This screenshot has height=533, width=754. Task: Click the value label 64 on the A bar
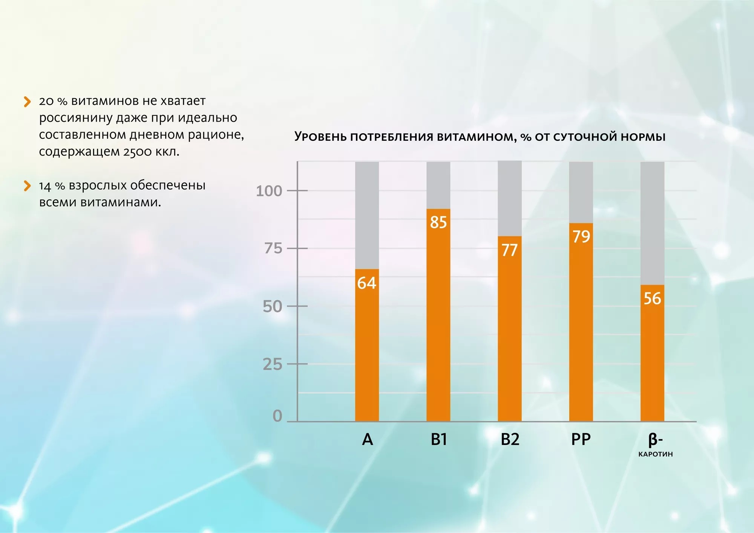[x=366, y=283]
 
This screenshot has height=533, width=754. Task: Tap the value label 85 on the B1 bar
[x=438, y=222]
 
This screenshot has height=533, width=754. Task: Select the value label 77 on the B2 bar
[x=509, y=250]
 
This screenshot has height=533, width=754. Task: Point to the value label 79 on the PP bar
[x=581, y=236]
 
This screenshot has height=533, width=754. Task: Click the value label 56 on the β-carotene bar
[x=652, y=298]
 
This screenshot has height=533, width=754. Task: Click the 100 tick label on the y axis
[x=269, y=191]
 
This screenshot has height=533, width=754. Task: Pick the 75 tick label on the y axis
[x=273, y=248]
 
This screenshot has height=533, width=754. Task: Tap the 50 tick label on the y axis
[x=272, y=307]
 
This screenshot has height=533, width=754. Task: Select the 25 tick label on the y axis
[x=272, y=364]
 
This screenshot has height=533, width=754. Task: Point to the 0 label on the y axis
[x=277, y=416]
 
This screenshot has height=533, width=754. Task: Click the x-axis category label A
[x=367, y=439]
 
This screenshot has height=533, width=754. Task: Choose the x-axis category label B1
[x=438, y=439]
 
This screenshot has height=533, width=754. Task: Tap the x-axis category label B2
[x=510, y=439]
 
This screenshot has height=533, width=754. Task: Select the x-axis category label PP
[x=581, y=439]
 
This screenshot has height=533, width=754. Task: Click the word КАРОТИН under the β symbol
[x=655, y=454]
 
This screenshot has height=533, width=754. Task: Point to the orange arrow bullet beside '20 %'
[x=27, y=102]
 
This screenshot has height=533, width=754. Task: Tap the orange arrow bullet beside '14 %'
[x=27, y=186]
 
